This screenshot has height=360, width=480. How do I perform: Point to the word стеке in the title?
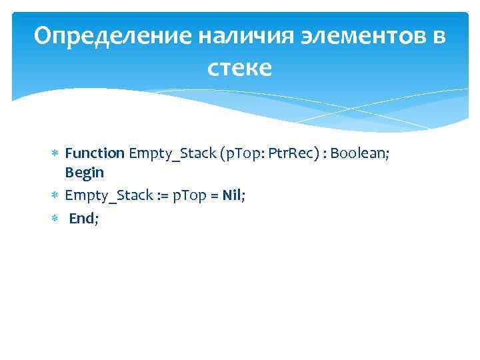tap(240, 67)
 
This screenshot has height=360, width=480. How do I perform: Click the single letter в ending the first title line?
tap(439, 37)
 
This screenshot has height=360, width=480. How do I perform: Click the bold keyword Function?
tap(95, 153)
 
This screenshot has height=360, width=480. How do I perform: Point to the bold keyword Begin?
tap(84, 172)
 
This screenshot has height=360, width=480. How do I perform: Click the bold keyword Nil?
tap(233, 195)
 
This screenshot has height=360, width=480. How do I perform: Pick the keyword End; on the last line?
tap(83, 217)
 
